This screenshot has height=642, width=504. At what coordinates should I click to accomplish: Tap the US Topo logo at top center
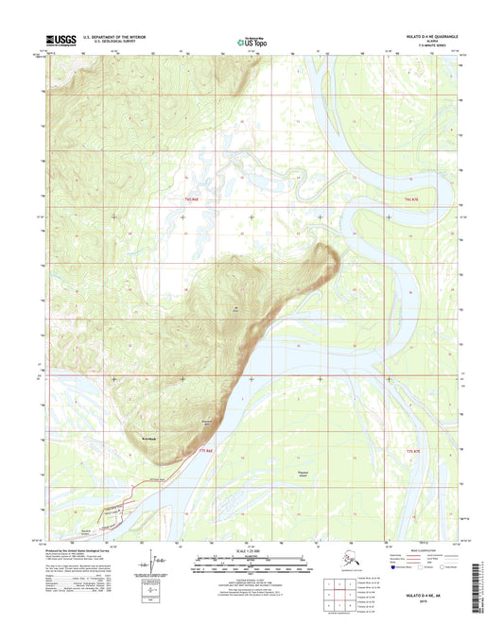click(x=252, y=41)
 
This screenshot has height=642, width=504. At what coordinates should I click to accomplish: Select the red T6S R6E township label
click(x=194, y=200)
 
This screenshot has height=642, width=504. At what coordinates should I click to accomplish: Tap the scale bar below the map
click(x=252, y=570)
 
